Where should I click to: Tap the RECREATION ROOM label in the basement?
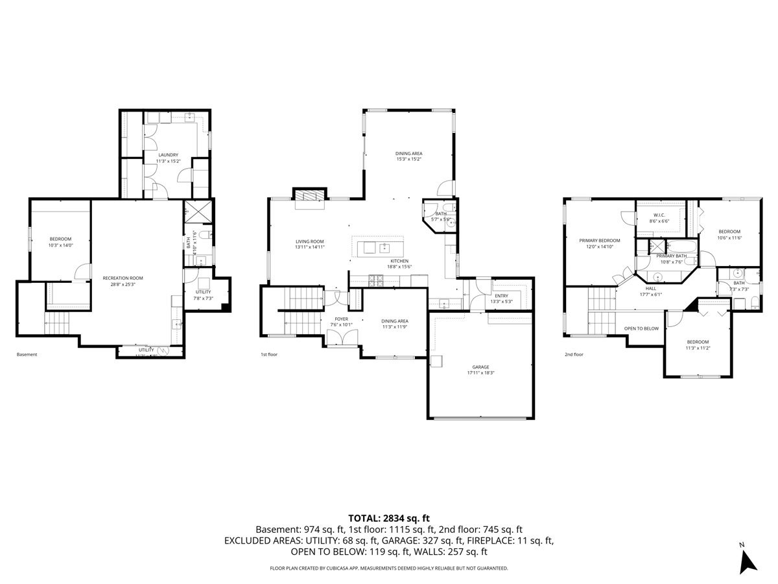pyautogui.click(x=123, y=278)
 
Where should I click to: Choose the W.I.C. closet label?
pyautogui.click(x=659, y=215)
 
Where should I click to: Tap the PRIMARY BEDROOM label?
pyautogui.click(x=599, y=240)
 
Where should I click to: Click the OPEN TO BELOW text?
pyautogui.click(x=641, y=328)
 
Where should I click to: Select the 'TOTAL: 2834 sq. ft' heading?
pyautogui.click(x=389, y=518)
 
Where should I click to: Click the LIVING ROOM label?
pyautogui.click(x=309, y=241)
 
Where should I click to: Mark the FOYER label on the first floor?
pyautogui.click(x=341, y=319)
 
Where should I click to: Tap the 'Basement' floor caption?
pyautogui.click(x=27, y=354)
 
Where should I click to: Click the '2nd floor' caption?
pyautogui.click(x=574, y=354)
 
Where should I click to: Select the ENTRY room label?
pyautogui.click(x=501, y=296)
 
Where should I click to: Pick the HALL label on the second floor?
pyautogui.click(x=650, y=288)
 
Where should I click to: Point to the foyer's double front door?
pyautogui.click(x=341, y=337)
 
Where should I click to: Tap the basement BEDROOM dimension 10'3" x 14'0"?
pyautogui.click(x=60, y=245)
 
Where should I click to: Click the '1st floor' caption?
pyautogui.click(x=269, y=354)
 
